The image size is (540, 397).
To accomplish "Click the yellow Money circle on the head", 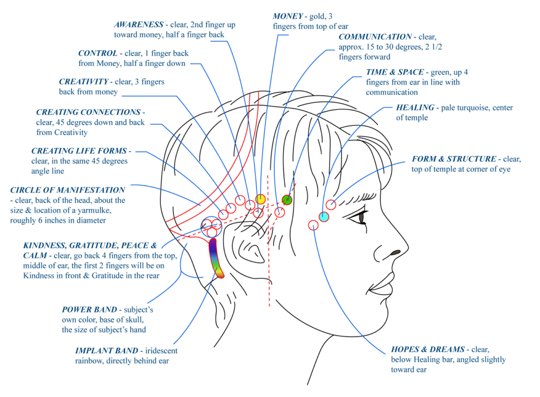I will (x=261, y=199).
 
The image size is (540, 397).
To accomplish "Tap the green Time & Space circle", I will (x=287, y=200).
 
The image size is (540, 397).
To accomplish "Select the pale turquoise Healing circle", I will (x=324, y=217).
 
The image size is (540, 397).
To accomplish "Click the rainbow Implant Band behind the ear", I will (x=215, y=258).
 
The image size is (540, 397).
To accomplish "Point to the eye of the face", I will (x=362, y=216).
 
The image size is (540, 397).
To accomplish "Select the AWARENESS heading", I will (x=139, y=25).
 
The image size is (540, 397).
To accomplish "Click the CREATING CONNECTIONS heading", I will (x=88, y=112).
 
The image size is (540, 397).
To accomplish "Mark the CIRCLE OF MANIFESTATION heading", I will (x=67, y=190).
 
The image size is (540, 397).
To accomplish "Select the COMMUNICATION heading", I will (x=375, y=37).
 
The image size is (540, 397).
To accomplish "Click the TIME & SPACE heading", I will (x=394, y=72).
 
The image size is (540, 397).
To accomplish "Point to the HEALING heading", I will (x=414, y=108).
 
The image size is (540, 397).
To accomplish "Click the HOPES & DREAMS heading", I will (x=428, y=350).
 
